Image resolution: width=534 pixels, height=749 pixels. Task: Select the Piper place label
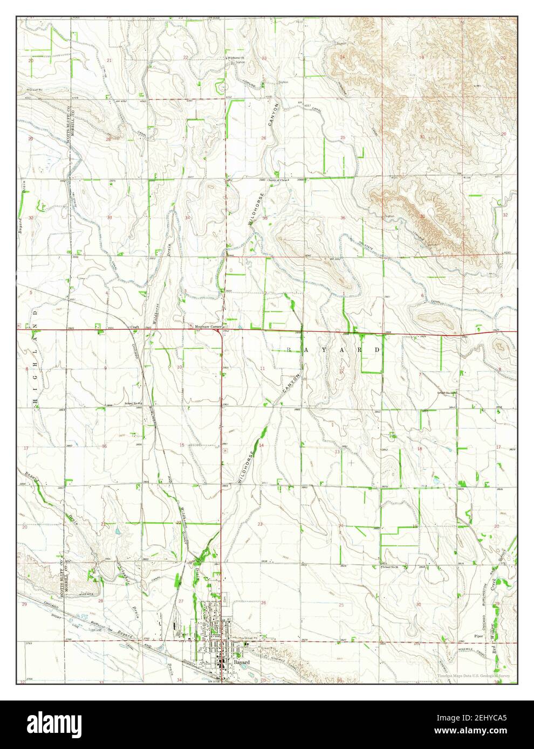point(477,636)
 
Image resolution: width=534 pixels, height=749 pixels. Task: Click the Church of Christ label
point(280,180)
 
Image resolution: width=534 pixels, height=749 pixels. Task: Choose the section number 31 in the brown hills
point(422,216)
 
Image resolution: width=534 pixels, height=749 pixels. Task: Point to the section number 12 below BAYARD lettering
point(341,371)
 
